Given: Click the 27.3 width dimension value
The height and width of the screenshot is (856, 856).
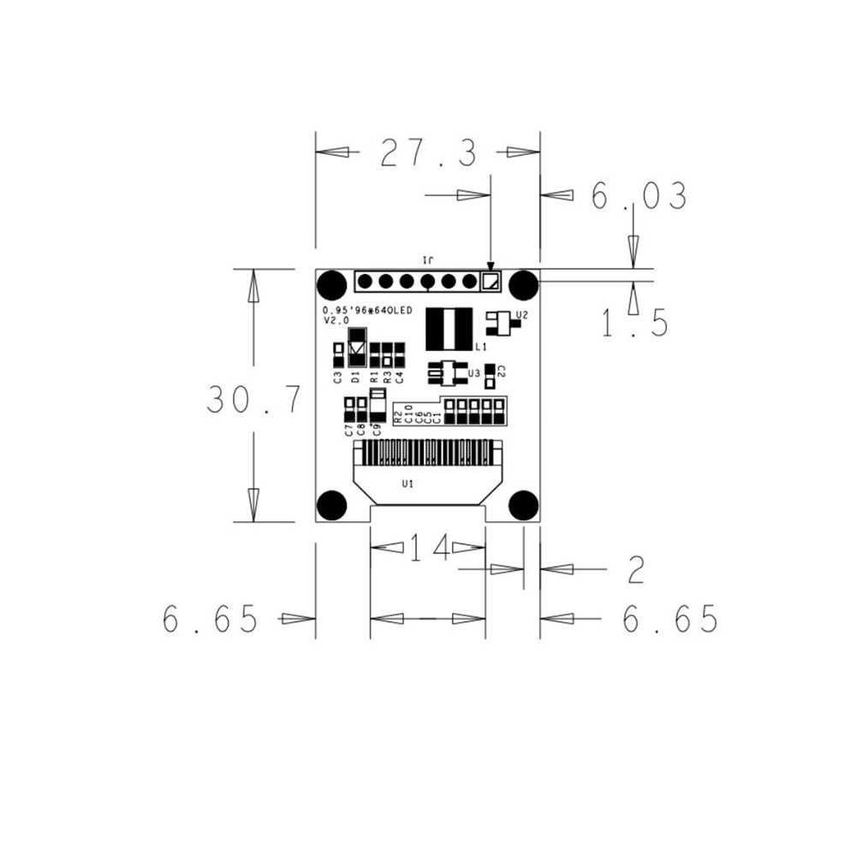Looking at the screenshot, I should (x=428, y=153).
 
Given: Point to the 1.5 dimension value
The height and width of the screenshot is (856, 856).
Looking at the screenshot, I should (x=633, y=324).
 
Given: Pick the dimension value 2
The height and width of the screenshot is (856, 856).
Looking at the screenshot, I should (x=635, y=570).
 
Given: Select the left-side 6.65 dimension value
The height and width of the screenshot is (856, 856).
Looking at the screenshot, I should (x=211, y=619).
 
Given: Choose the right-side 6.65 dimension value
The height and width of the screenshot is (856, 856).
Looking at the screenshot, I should (x=670, y=619).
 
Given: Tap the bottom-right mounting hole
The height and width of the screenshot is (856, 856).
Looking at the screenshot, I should (x=523, y=506).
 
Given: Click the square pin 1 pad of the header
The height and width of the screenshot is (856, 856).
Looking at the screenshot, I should (x=490, y=281).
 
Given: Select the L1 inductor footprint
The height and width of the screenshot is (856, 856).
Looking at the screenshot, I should (x=449, y=328).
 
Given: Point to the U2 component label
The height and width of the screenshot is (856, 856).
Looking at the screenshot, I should (x=522, y=315).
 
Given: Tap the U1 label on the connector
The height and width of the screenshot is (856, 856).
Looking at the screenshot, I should (x=408, y=484).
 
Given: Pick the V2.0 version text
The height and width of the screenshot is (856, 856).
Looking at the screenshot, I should (x=336, y=320).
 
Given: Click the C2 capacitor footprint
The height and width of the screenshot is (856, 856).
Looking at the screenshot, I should (x=490, y=371).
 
